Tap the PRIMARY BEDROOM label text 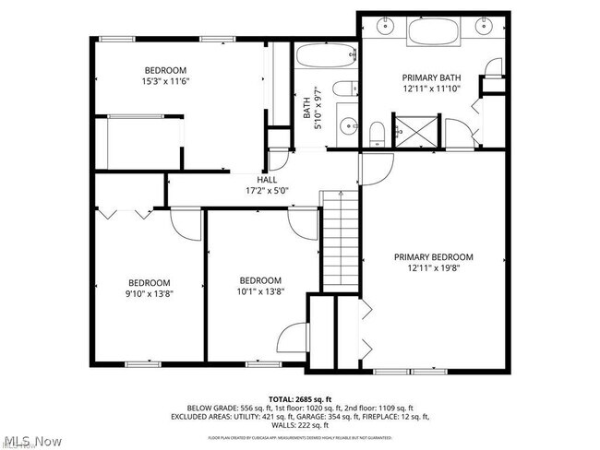pos(433,257)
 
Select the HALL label pos(267,180)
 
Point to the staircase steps pos(339,240)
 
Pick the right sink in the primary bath pos(484,27)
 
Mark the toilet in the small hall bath pos(343,90)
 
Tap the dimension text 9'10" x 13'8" pos(150,294)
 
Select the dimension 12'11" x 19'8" pos(433,269)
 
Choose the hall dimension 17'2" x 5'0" pos(267,192)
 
